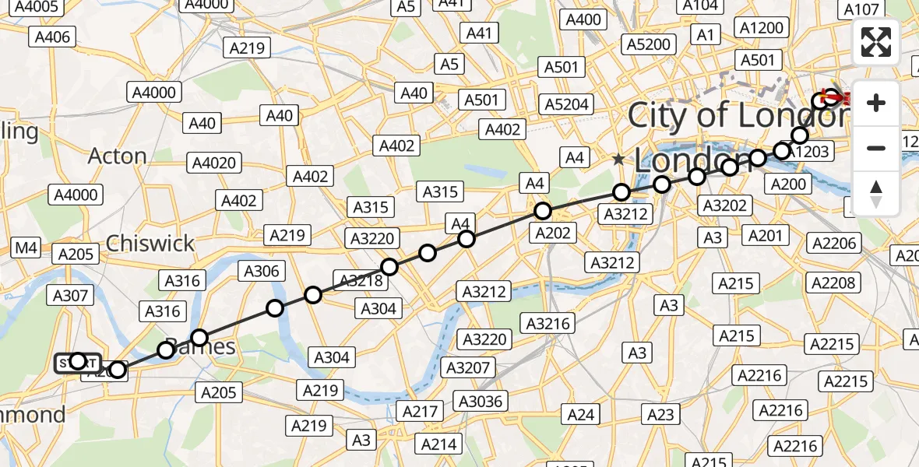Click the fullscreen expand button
(876, 42)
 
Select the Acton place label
(117, 156)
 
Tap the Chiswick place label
(150, 243)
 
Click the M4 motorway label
(26, 248)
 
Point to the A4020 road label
(214, 163)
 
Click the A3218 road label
(359, 279)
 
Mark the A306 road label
(261, 271)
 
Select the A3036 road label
(481, 401)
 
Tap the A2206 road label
(834, 243)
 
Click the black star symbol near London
(618, 160)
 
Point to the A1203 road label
(808, 152)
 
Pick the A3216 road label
(549, 323)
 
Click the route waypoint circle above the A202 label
(542, 211)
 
